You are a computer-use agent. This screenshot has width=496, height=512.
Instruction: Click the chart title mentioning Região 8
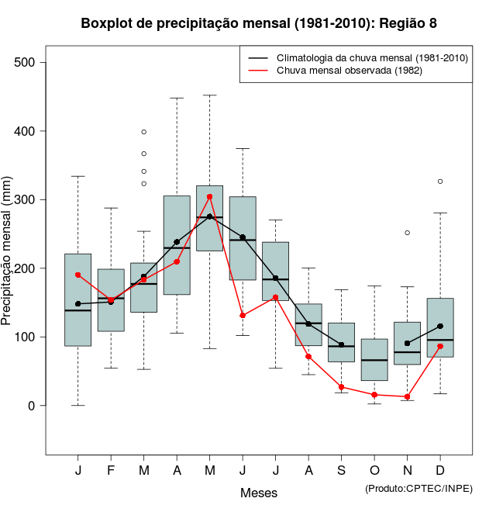tap(259, 23)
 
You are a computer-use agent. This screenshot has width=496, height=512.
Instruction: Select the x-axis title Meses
tap(259, 493)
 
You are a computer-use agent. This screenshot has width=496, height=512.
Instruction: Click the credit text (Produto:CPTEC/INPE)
tap(418, 488)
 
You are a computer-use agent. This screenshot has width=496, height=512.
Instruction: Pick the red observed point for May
tap(209, 197)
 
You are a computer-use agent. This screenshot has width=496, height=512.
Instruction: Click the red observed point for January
tap(78, 275)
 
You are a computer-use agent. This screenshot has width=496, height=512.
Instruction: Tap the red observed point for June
tap(243, 315)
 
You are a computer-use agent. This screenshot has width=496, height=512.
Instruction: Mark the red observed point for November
tap(407, 396)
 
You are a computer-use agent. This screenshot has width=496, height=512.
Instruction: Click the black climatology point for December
tap(440, 326)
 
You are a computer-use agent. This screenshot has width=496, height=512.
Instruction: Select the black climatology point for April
tap(177, 242)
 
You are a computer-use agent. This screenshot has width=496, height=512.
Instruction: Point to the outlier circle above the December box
tap(440, 182)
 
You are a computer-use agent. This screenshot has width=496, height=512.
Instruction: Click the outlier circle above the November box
tap(407, 233)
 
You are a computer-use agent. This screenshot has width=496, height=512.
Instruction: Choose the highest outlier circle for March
tap(144, 132)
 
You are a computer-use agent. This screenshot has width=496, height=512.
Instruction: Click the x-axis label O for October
tap(374, 471)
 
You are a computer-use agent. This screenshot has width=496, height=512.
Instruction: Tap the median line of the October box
tap(374, 360)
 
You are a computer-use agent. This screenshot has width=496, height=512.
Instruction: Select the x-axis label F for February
tap(111, 471)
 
